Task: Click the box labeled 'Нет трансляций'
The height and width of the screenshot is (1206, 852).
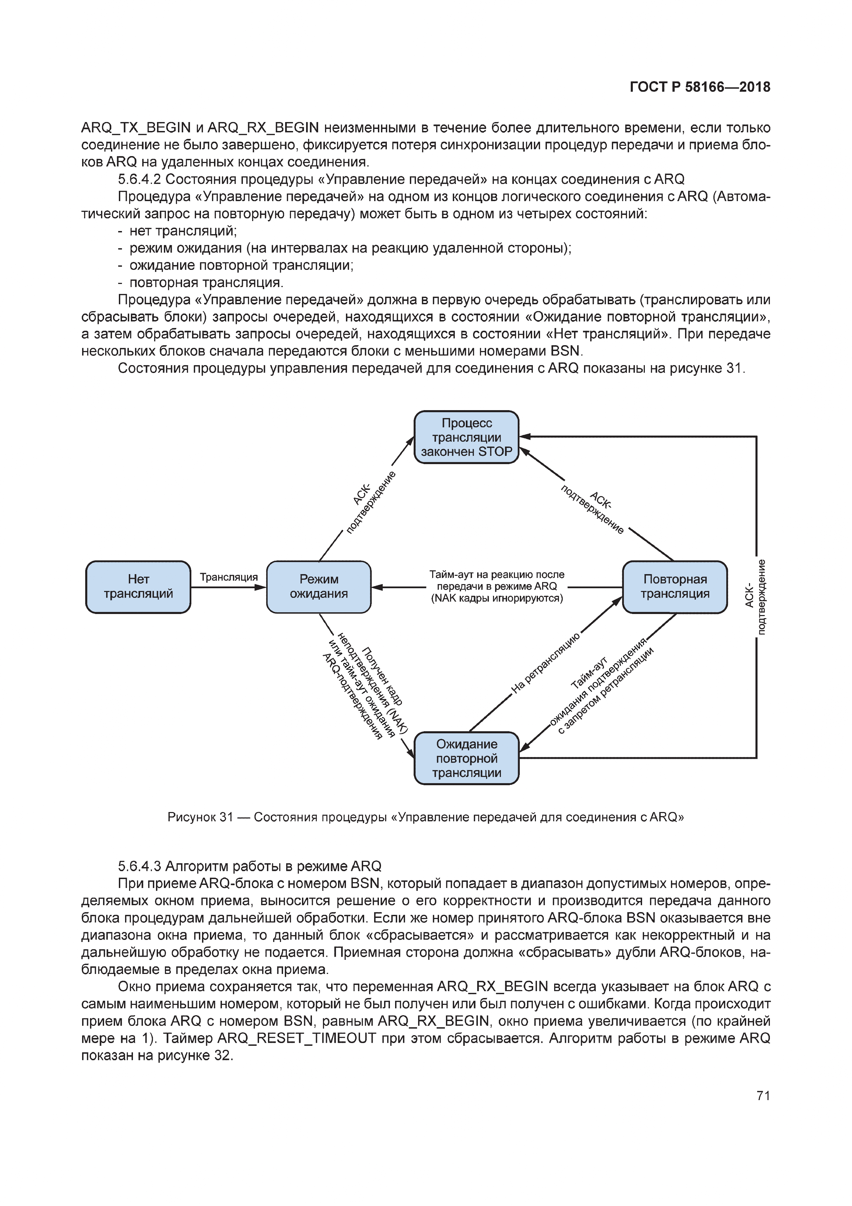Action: tap(138, 587)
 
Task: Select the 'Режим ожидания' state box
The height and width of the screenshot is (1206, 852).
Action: tap(319, 587)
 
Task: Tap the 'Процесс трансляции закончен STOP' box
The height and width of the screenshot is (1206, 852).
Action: tap(466, 437)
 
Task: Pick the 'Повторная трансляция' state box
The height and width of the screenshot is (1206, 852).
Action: tap(675, 587)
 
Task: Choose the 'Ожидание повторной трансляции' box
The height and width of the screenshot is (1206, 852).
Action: tap(466, 758)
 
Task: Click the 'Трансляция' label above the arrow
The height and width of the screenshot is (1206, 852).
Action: tap(229, 577)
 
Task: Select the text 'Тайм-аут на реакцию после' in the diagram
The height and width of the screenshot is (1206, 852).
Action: tap(497, 574)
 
